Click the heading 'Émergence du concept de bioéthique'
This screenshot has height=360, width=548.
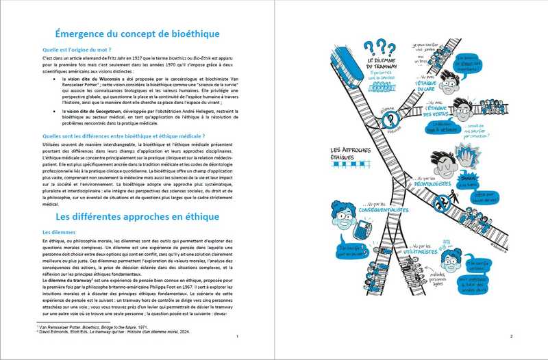click(x=138, y=34)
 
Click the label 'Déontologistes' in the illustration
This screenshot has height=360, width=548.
click(x=431, y=183)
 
